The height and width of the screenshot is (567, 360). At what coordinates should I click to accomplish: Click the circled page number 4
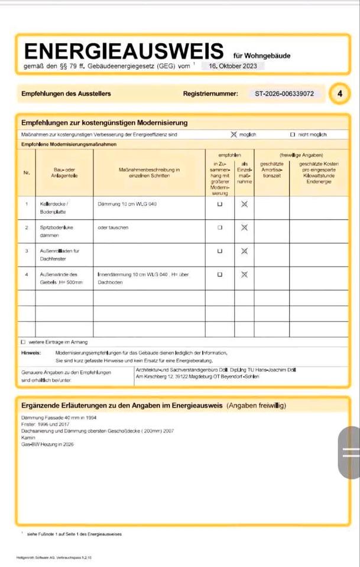[339, 93]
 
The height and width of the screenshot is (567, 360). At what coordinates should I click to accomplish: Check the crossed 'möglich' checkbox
[233, 135]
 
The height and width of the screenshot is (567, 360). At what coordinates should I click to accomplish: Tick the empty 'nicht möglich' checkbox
[293, 135]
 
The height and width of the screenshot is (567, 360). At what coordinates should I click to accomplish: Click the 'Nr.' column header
[27, 173]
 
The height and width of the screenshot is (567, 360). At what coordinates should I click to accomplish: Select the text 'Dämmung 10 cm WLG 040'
[128, 204]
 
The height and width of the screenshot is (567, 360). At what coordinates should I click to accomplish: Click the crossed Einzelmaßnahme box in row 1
[244, 204]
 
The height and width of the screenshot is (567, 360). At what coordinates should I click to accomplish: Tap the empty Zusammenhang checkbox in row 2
[220, 227]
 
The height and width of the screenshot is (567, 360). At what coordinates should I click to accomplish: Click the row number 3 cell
[27, 251]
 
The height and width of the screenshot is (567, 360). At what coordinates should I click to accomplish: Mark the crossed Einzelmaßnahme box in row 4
[244, 275]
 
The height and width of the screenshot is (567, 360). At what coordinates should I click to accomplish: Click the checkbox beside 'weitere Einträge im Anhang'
[23, 342]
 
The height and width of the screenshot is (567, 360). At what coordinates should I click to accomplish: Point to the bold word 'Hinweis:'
[31, 352]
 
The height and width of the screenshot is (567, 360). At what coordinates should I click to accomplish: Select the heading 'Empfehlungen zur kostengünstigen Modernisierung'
[105, 123]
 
